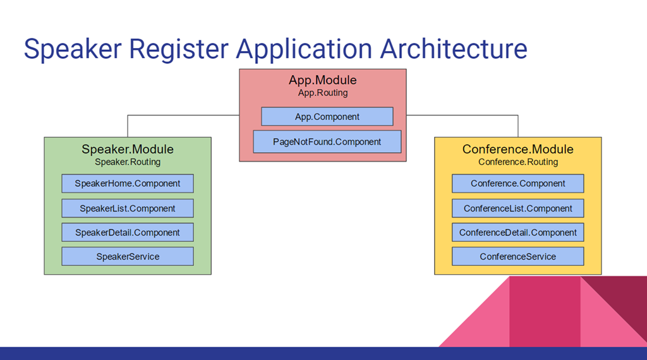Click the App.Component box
click(x=327, y=117)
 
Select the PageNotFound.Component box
click(x=327, y=142)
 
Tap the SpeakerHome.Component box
click(x=128, y=184)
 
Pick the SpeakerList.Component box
click(x=128, y=208)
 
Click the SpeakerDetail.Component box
click(x=128, y=232)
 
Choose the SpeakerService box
click(x=128, y=256)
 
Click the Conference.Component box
click(x=518, y=184)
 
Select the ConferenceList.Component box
click(x=518, y=208)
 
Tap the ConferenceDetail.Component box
click(x=518, y=232)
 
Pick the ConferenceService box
click(x=518, y=256)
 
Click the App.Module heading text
click(x=323, y=80)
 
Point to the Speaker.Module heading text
click(x=128, y=149)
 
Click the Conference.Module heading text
click(x=518, y=149)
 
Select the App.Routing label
click(x=323, y=93)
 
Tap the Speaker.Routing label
click(x=128, y=162)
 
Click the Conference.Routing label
click(x=518, y=162)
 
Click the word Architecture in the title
click(x=454, y=49)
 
